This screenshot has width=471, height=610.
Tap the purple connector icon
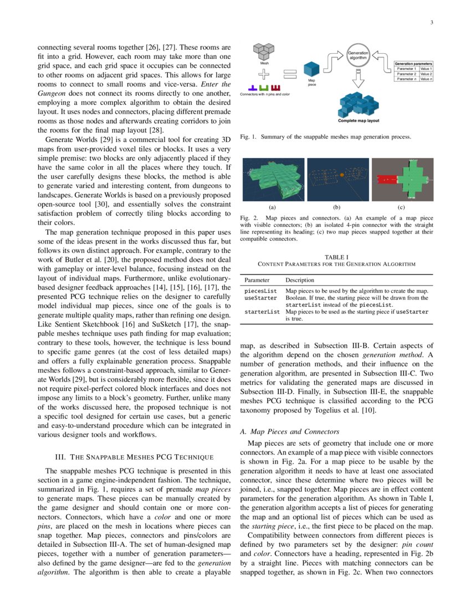(252, 88)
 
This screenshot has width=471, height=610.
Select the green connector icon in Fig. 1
(264, 88)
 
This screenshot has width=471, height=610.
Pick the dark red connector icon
(277, 88)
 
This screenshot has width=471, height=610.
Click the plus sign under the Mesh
(264, 75)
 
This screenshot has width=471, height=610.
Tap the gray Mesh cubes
(264, 52)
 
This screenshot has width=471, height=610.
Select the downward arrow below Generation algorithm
(358, 79)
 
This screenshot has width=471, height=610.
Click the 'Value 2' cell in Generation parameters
(426, 74)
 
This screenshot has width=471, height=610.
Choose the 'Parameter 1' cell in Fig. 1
(406, 69)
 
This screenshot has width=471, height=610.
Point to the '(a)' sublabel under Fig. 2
(272, 206)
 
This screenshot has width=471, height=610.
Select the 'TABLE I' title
(336, 257)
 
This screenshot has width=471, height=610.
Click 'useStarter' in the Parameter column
(258, 298)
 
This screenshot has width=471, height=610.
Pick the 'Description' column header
(299, 281)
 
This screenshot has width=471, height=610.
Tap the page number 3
(431, 22)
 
